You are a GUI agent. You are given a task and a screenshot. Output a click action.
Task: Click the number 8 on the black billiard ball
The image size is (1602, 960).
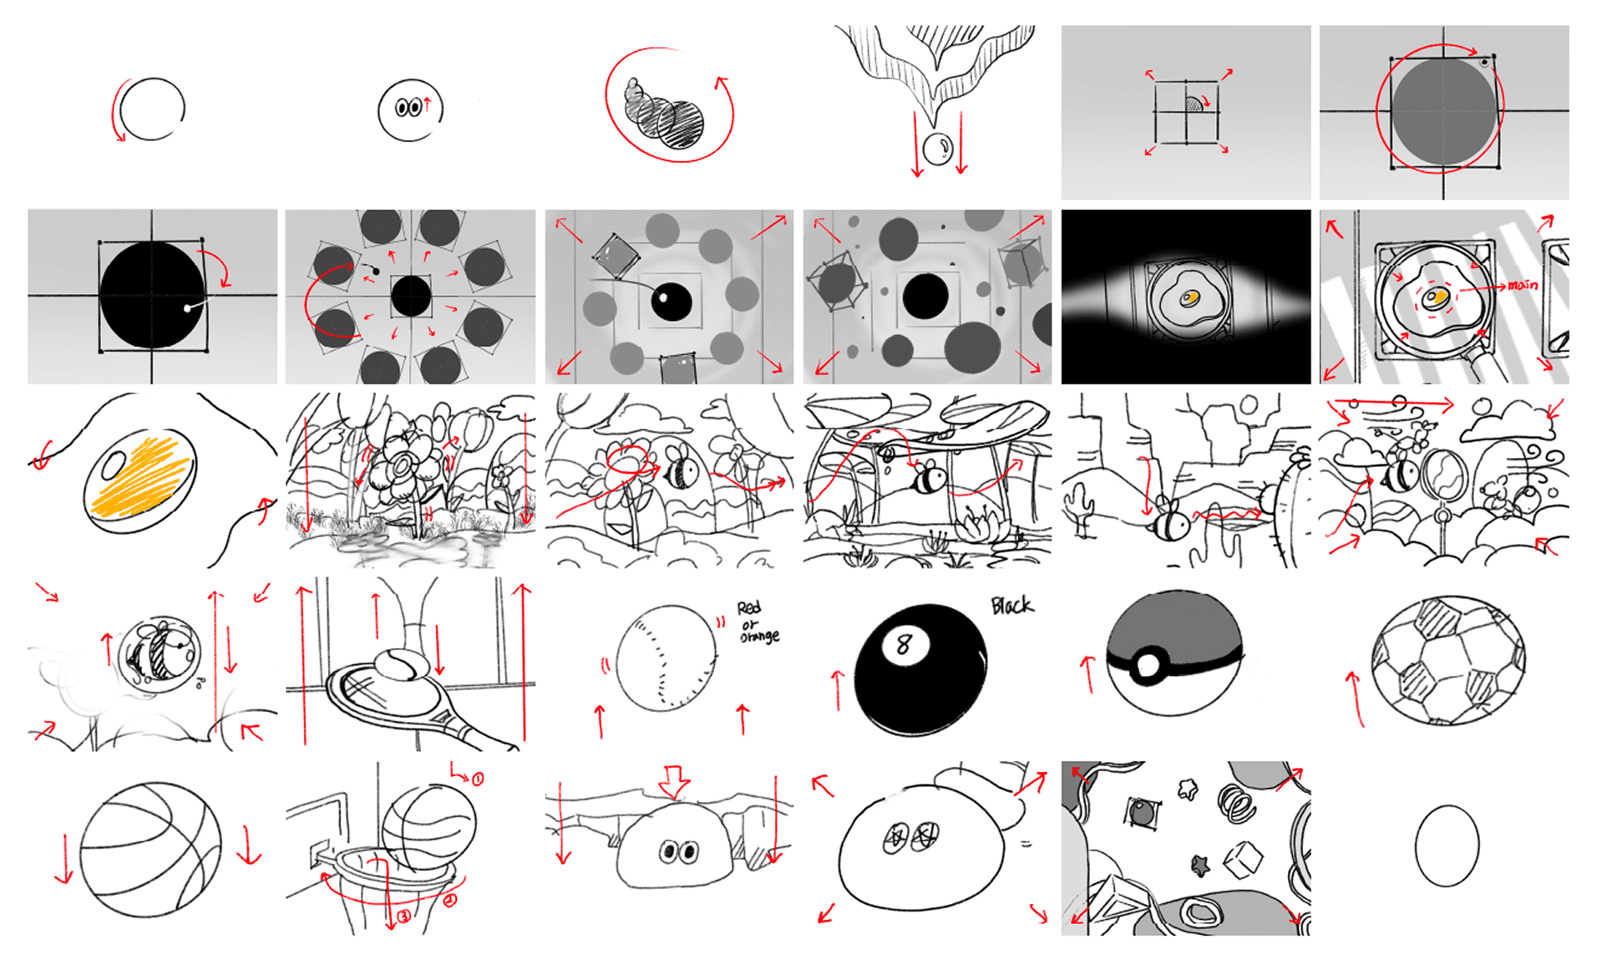tap(903, 644)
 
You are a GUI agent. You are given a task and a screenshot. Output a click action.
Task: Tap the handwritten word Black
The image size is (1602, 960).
tap(1011, 605)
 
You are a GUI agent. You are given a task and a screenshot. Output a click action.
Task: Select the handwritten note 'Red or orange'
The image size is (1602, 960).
tap(757, 622)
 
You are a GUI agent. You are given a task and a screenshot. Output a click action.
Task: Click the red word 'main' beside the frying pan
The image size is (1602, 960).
tap(1522, 285)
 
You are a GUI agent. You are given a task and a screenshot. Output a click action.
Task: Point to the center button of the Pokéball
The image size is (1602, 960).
tap(1148, 666)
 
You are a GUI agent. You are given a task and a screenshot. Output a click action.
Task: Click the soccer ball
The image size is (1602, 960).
tap(1448, 660)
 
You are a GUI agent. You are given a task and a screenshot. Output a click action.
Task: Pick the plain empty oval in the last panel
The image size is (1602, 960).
tap(1447, 846)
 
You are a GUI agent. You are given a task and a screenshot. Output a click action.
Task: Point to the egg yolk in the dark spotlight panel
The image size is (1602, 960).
tap(1189, 297)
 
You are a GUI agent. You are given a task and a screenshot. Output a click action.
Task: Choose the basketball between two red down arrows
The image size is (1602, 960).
tap(151, 850)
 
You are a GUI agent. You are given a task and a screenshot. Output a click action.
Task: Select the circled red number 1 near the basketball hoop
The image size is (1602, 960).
tap(477, 779)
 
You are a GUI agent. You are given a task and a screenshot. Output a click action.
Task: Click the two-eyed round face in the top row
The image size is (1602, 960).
tap(409, 109)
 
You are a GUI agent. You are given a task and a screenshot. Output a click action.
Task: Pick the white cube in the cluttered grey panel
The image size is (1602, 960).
tap(1242, 858)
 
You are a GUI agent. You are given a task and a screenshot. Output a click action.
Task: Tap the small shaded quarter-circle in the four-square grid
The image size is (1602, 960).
tap(1194, 104)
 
